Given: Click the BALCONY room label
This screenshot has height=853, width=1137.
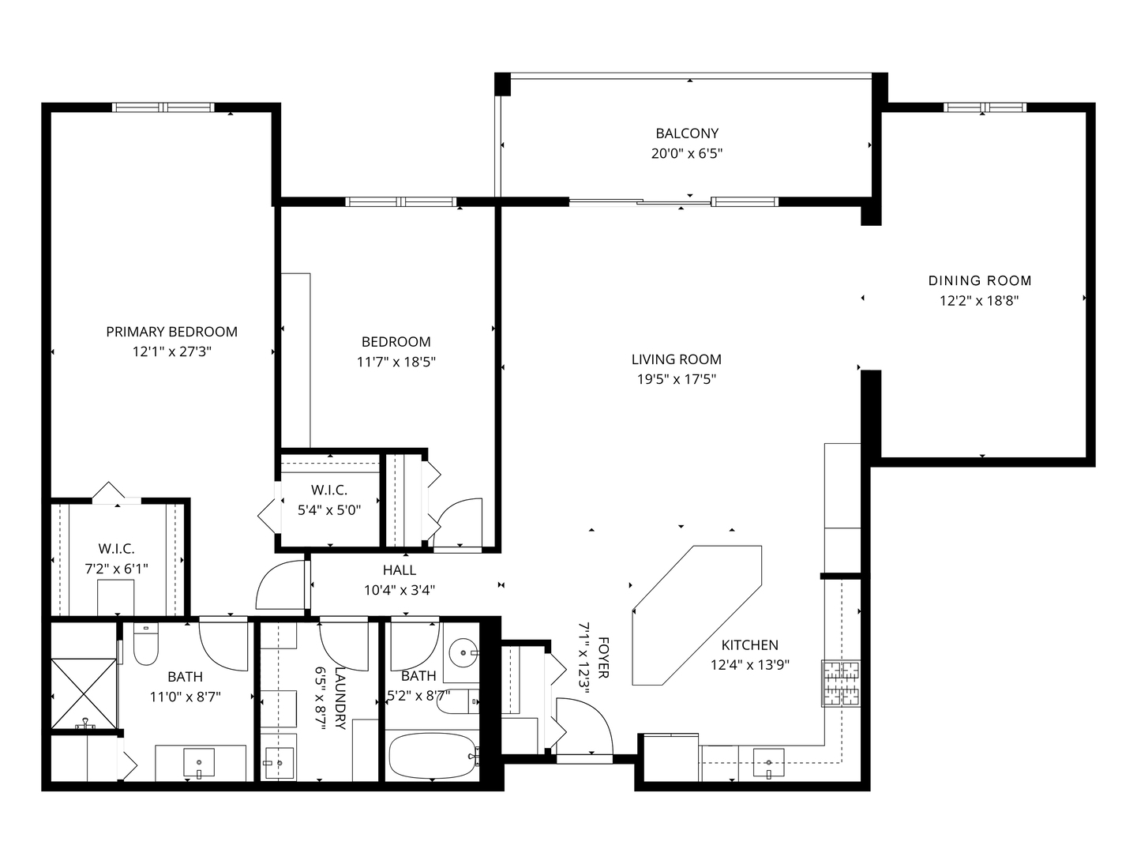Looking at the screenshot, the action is point(687,133).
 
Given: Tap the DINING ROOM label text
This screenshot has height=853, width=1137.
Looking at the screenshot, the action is point(980,280).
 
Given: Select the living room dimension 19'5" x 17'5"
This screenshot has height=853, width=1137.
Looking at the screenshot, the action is point(677,380).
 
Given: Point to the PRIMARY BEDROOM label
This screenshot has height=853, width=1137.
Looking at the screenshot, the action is point(172,332).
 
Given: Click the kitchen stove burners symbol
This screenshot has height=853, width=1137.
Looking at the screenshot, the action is point(841,684).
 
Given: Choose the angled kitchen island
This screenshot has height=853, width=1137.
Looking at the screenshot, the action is point(697,615).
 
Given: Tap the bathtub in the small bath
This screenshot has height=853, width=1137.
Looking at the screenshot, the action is point(433,755).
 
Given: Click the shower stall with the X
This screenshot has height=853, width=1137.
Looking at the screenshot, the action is point(84,693).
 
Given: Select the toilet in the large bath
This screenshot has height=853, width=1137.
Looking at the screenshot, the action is point(146,644).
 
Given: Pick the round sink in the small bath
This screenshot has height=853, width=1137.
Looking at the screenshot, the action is point(463,653).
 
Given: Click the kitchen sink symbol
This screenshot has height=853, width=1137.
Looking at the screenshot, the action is point(769,763).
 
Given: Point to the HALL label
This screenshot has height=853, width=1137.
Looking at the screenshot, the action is point(400,570).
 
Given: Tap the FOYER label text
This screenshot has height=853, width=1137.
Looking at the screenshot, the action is point(603,657).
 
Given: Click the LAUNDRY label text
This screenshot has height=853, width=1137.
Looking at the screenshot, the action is point(340,697).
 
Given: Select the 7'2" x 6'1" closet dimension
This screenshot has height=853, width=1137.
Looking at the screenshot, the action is point(117,569).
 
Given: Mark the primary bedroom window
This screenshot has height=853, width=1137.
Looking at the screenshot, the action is point(163,107).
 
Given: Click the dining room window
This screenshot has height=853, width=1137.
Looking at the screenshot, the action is point(985,107).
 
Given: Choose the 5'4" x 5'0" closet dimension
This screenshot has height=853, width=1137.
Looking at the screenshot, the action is point(329,510).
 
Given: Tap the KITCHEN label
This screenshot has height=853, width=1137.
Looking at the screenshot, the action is point(750,645).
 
